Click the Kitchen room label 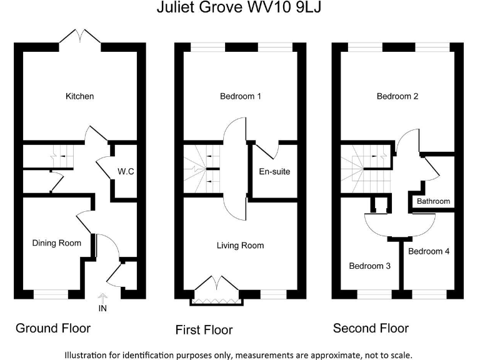(79, 96)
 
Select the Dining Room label (56, 242)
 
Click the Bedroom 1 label (240, 96)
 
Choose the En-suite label (274, 171)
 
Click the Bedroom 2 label (397, 96)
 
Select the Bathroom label (433, 201)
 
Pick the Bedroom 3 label (369, 266)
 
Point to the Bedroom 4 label (429, 251)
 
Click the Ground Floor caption (53, 328)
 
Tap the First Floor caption (204, 329)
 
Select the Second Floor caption (371, 328)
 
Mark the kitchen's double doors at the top (80, 38)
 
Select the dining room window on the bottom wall (51, 292)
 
